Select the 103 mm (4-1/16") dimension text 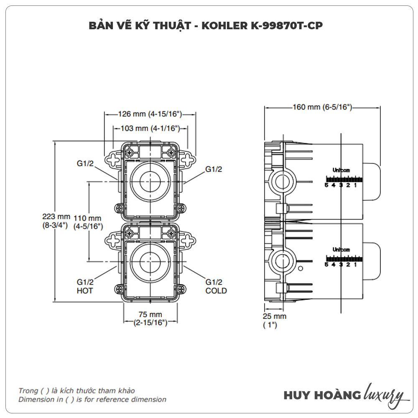[150, 128]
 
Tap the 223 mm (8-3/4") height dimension [56, 220]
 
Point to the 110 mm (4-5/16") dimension [88, 222]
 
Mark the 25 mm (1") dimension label [275, 320]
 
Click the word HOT [85, 291]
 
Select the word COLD [216, 291]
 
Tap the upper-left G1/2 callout [85, 164]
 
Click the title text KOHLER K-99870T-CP [263, 25]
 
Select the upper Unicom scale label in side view [341, 171]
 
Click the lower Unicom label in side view [341, 250]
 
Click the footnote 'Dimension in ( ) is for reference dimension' [92, 399]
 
